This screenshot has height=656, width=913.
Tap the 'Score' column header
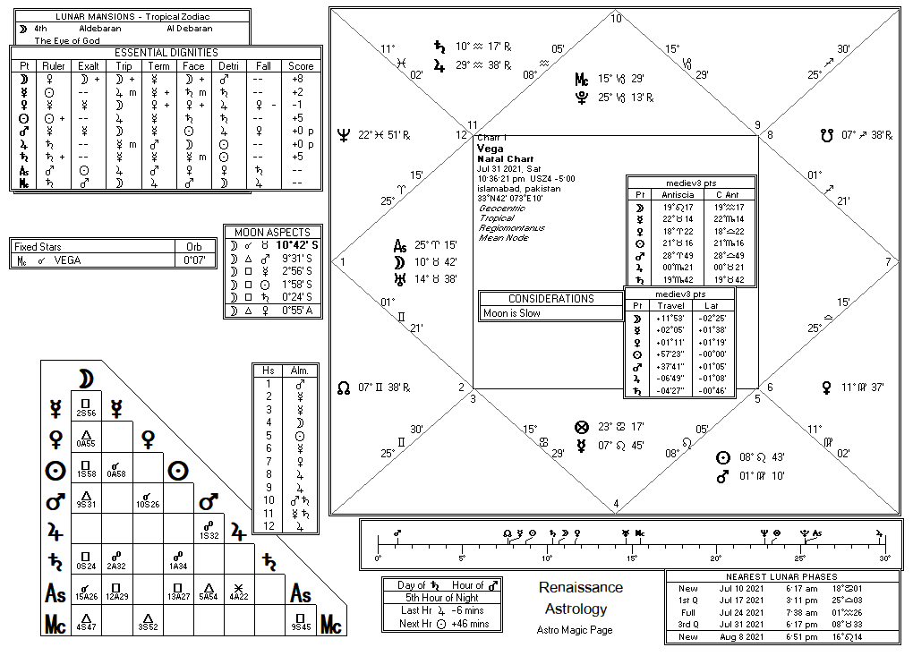(301, 65)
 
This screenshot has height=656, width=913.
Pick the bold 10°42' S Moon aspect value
(297, 244)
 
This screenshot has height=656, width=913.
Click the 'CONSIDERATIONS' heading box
(551, 299)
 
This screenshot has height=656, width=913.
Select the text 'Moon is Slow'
(513, 313)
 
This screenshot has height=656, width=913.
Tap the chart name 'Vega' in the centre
(490, 149)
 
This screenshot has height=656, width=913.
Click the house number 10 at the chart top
(616, 18)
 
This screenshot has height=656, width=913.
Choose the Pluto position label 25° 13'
(626, 98)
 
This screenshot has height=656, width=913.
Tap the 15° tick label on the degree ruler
(632, 558)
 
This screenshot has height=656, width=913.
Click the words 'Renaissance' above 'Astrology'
(580, 587)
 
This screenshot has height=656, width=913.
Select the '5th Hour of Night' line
(442, 598)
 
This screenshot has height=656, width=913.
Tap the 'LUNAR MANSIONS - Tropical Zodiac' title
(126, 16)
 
